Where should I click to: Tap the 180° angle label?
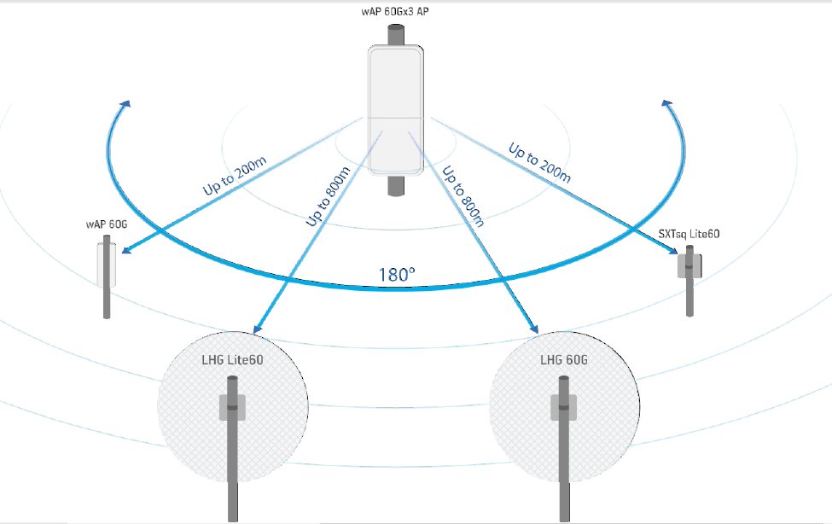(397, 275)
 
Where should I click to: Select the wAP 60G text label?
(106, 224)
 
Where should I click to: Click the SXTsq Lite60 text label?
(689, 232)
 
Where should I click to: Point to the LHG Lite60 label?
(231, 360)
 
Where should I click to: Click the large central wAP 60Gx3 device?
(396, 108)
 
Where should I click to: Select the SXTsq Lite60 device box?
(689, 265)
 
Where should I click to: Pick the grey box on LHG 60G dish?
(564, 406)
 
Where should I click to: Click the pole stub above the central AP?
(396, 36)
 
